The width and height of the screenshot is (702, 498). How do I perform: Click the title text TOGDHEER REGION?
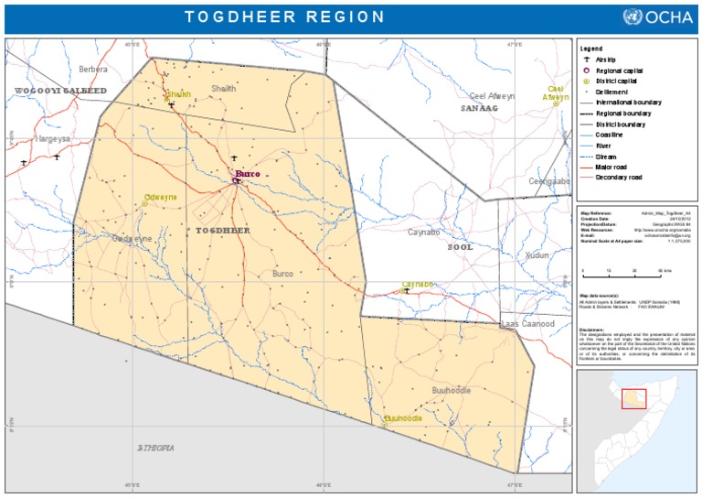(284, 16)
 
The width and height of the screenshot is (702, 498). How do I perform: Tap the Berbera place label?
(93, 69)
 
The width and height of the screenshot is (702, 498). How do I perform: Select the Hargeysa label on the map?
(51, 138)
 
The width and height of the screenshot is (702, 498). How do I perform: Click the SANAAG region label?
(479, 108)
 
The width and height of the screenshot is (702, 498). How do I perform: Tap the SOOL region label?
(461, 246)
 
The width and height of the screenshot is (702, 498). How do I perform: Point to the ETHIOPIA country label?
(155, 448)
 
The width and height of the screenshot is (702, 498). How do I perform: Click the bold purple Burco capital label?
(248, 173)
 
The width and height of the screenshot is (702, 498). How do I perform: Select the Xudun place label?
(537, 255)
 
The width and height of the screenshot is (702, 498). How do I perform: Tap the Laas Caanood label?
(527, 324)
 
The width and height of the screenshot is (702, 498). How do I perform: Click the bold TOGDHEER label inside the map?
(223, 231)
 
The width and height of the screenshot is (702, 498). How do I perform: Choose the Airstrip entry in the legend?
(607, 60)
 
